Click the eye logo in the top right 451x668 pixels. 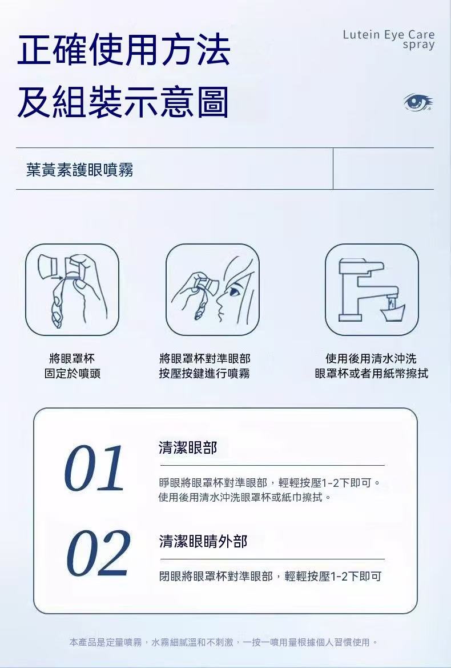pos(418,102)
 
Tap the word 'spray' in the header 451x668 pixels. pos(418,45)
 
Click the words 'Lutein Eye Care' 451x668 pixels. pos(389,34)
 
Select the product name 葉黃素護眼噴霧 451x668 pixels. pos(80,170)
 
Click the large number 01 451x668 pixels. pos(94,468)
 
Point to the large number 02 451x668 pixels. pos(98,553)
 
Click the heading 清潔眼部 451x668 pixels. pos(188,447)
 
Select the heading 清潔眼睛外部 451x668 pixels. pos(203,542)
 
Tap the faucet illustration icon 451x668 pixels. pos(372,290)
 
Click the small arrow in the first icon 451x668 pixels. pos(59,278)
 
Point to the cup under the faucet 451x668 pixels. pos(392,313)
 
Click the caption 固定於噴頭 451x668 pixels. pos(73,374)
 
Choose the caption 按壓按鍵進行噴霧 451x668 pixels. pos(204,374)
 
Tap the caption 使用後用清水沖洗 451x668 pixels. pos(371,358)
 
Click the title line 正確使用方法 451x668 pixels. pos(124,49)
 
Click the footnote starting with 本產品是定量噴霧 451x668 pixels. pos(223,642)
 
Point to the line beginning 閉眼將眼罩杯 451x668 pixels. pos(270,577)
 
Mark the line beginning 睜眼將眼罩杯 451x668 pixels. pos(269,483)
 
